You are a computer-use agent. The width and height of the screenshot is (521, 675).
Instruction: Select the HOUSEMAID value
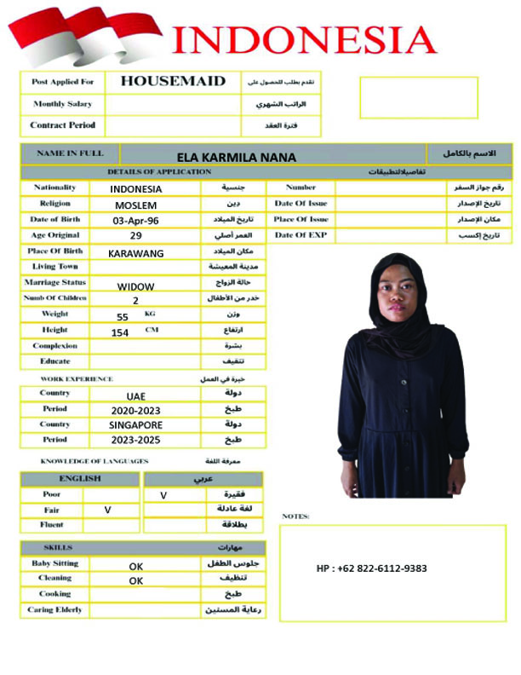173,82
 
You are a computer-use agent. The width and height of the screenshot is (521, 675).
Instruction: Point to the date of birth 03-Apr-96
136,221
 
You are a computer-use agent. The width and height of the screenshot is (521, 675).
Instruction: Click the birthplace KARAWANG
136,253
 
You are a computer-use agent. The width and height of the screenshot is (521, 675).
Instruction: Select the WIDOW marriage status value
136,287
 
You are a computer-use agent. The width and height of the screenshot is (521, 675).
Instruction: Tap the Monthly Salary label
62,104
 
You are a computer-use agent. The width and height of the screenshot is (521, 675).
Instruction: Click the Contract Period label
62,125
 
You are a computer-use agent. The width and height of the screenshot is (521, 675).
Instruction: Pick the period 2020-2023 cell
136,411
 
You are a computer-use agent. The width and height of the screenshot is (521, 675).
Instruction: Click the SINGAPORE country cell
136,425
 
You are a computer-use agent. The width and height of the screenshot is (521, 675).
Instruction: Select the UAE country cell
136,396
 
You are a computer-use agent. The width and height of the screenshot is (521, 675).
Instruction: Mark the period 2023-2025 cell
136,441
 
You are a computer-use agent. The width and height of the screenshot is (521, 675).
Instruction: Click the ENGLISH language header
80,479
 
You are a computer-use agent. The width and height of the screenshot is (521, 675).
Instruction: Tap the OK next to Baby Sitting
136,566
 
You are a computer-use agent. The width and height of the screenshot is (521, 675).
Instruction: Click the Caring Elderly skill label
54,610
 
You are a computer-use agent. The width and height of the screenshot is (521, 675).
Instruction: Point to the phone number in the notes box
372,568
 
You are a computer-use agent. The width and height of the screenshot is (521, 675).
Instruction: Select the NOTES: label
295,516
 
